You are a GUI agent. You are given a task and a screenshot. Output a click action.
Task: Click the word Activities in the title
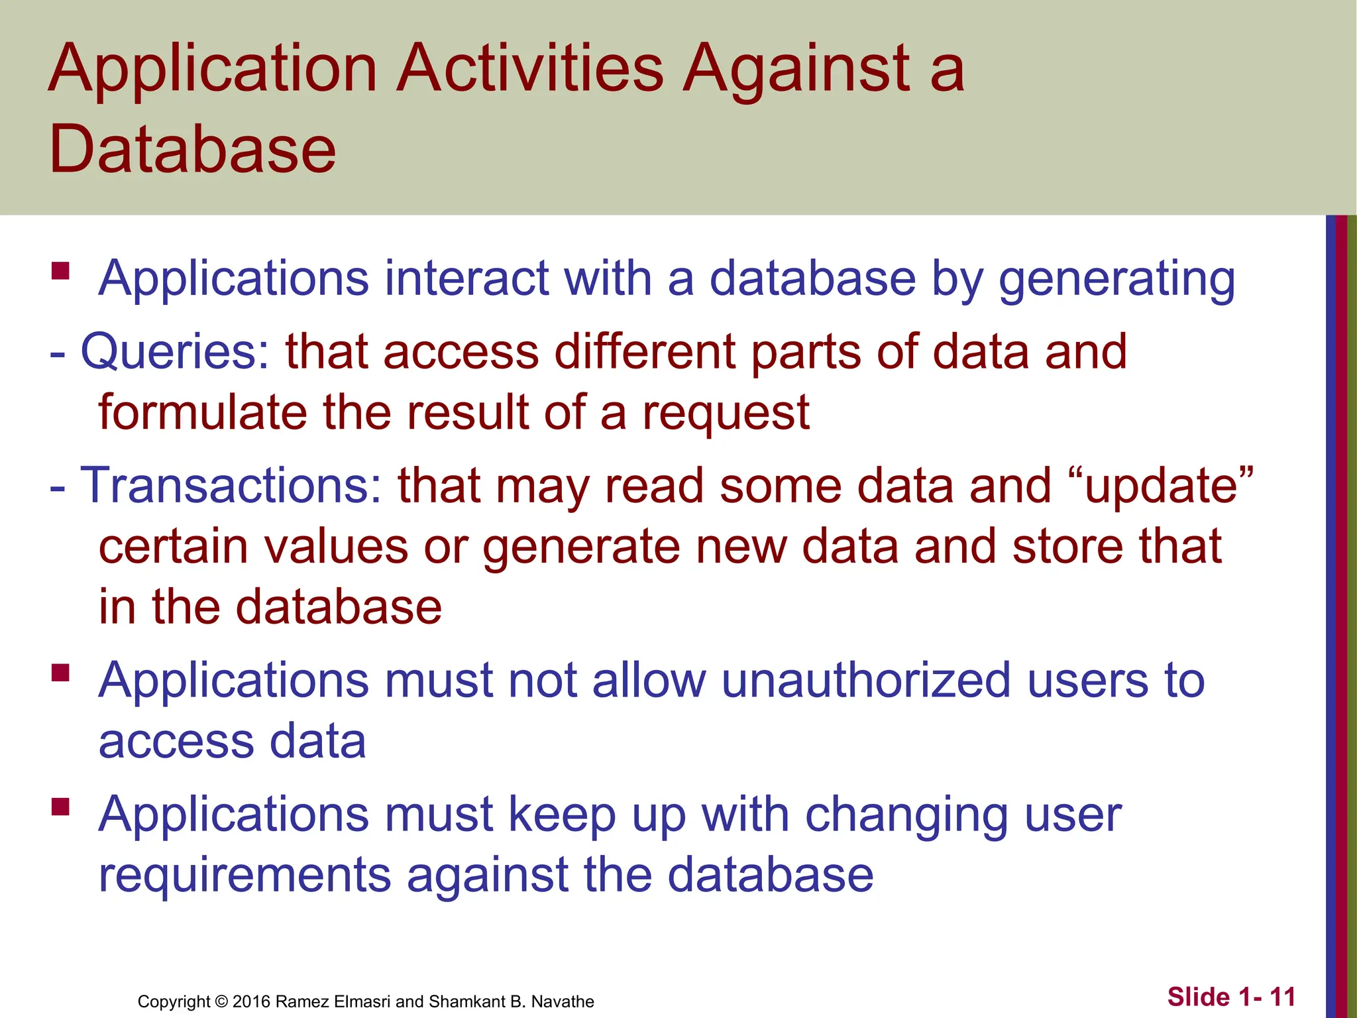[529, 68]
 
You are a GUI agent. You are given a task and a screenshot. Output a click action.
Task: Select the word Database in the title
[192, 149]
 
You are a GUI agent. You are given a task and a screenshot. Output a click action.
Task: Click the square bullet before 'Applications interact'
[60, 271]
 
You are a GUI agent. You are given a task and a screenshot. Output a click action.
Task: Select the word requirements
[245, 875]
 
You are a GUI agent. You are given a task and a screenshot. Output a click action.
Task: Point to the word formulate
[203, 412]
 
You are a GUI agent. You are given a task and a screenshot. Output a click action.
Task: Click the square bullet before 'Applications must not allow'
[60, 673]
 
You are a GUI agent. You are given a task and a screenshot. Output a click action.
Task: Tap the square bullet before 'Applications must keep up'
[60, 807]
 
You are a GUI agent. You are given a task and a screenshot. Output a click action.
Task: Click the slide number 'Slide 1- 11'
[1231, 997]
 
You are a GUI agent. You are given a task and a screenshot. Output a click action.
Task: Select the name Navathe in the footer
[563, 1001]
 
